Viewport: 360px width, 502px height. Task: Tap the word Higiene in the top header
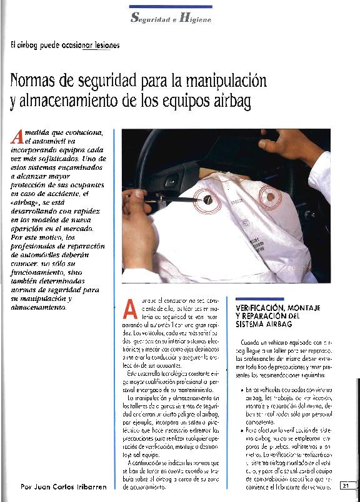coord(196,19)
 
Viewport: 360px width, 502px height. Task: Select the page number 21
coord(347,486)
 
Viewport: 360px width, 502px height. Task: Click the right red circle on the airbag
coord(271,198)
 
